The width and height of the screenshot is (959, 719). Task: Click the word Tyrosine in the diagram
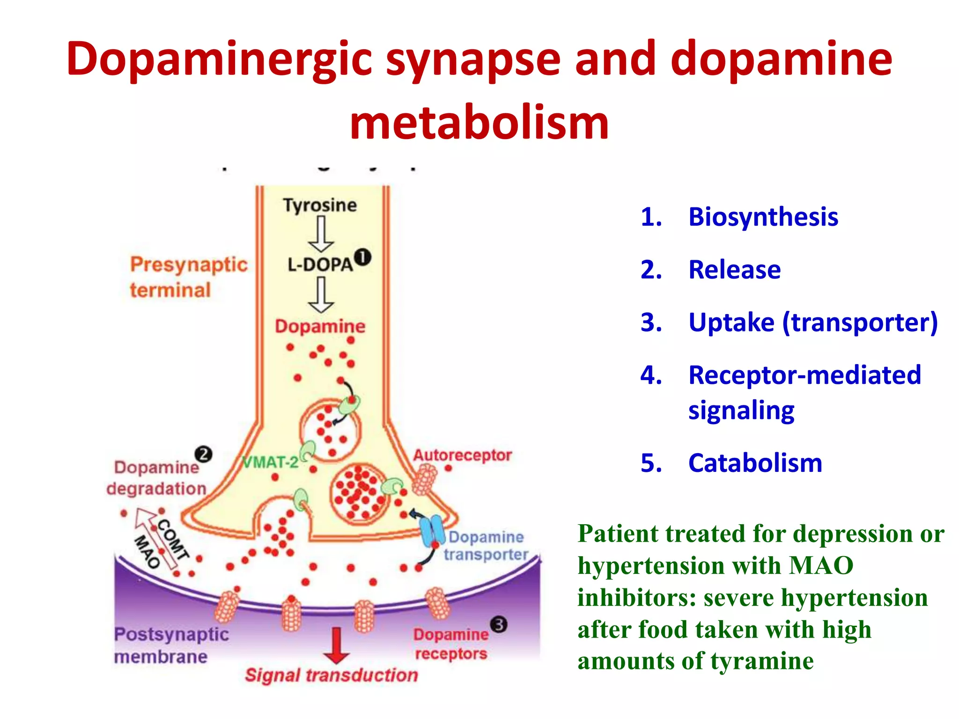[x=320, y=205]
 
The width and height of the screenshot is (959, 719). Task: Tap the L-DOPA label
[x=320, y=265]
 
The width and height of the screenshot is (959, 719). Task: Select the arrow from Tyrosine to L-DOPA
[x=321, y=234]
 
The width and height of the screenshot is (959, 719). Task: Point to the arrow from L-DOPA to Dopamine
[x=321, y=294]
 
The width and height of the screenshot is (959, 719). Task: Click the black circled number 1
[x=362, y=257]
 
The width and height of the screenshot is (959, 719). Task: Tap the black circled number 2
[x=204, y=454]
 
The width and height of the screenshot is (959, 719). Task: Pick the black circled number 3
[x=499, y=624]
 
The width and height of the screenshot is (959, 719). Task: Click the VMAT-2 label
[x=271, y=462]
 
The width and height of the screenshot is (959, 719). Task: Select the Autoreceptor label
[x=462, y=455]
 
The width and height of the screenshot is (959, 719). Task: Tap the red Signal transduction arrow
[x=336, y=646]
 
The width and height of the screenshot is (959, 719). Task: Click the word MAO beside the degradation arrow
[x=147, y=552]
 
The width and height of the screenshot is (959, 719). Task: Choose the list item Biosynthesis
[x=763, y=217]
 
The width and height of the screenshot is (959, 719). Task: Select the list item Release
[x=734, y=270]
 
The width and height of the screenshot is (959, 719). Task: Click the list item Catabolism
[x=755, y=463]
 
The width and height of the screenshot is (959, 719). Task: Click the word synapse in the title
[x=473, y=59]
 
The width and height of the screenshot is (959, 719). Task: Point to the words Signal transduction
[x=332, y=675]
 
